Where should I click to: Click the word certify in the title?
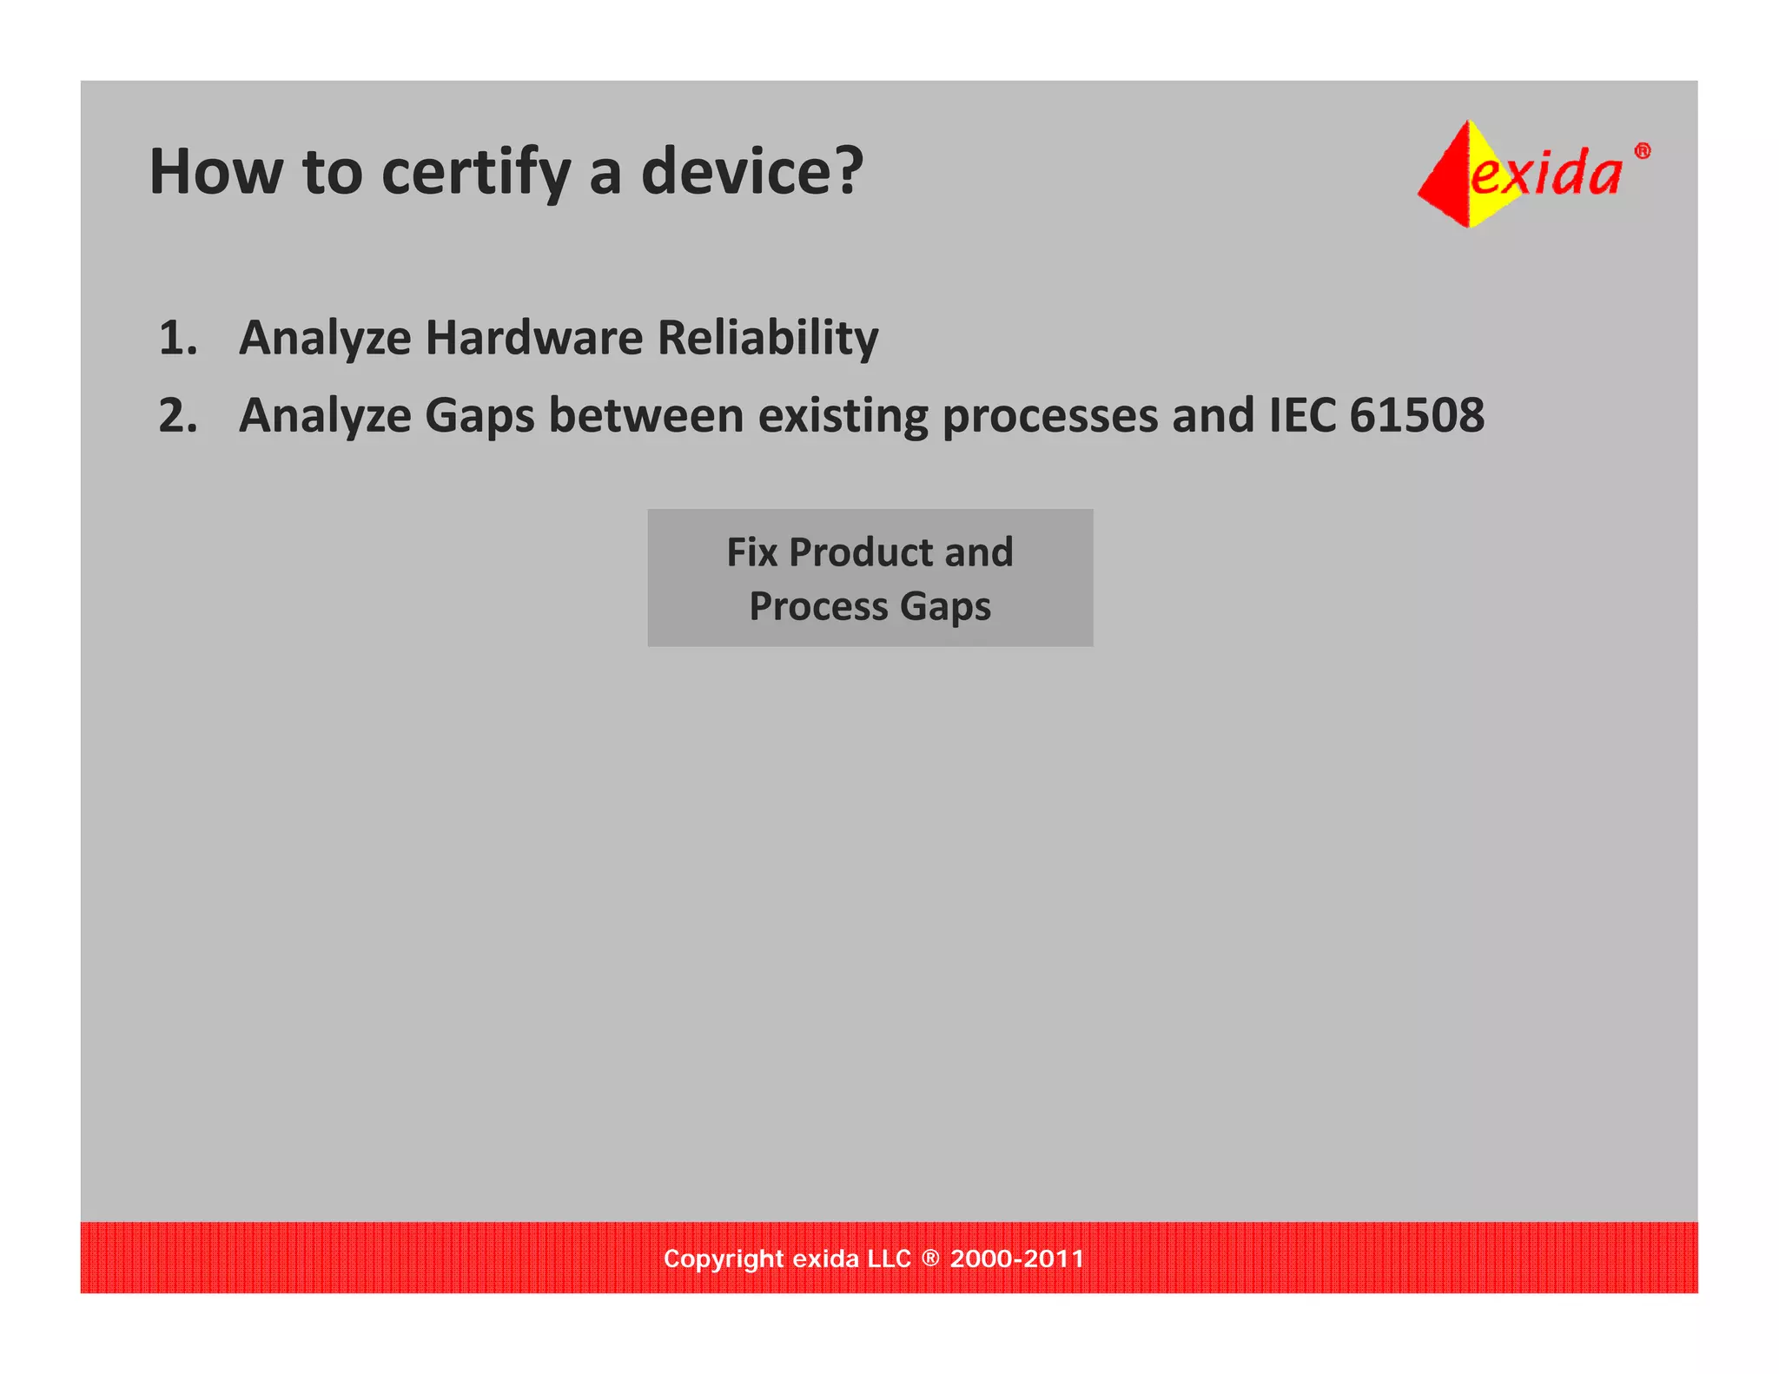476,172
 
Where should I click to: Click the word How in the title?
215,172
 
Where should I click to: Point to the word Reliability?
768,338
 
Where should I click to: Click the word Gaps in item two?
479,416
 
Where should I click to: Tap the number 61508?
1417,415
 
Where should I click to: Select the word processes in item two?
1049,416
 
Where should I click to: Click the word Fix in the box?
751,552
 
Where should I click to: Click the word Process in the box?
818,606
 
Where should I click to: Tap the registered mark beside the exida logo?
1642,151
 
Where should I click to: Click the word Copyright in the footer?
723,1258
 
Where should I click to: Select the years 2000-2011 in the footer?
1016,1258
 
